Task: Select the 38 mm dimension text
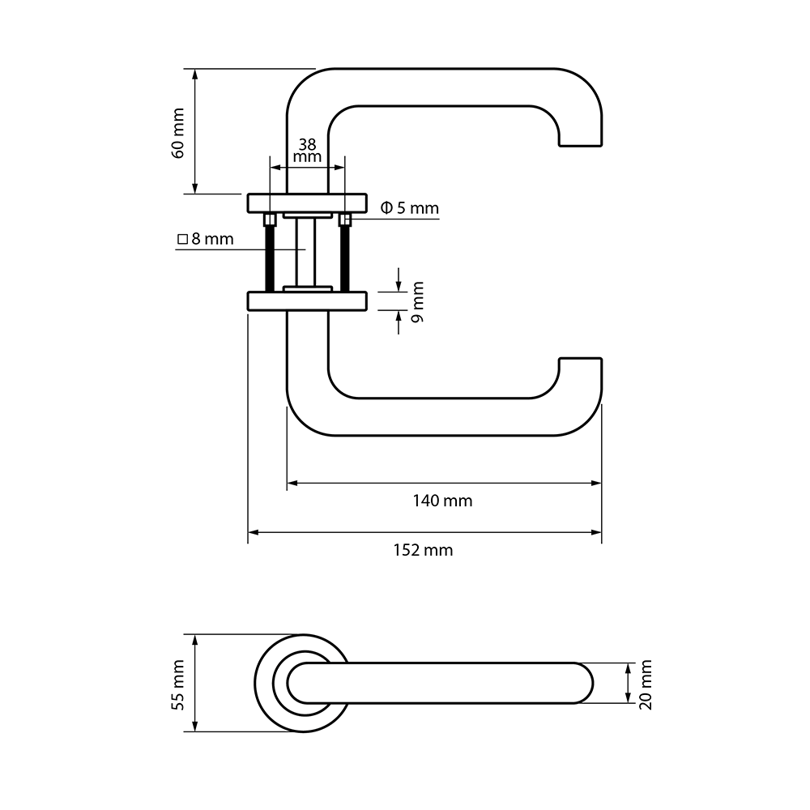(307, 150)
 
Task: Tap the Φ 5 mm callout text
(409, 208)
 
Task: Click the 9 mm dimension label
(418, 302)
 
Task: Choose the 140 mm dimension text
(442, 501)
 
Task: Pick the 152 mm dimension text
(423, 550)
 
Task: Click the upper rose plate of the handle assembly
(307, 202)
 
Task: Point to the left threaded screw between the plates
(268, 255)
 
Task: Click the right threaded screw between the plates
(345, 255)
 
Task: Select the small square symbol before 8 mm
(182, 240)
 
